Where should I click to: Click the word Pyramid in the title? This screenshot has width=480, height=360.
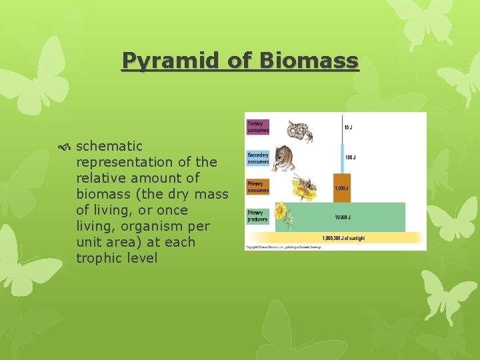click(163, 61)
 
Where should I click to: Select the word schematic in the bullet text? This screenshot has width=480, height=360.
click(109, 146)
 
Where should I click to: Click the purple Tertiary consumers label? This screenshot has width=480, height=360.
click(258, 127)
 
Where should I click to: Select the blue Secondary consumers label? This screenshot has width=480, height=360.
click(258, 158)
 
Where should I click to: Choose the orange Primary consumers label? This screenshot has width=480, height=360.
click(258, 187)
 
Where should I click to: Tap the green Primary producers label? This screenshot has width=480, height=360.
click(258, 216)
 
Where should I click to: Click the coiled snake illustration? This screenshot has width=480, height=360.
click(301, 131)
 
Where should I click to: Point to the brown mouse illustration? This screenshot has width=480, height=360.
click(286, 158)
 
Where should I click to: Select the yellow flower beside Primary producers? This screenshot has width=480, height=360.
click(282, 213)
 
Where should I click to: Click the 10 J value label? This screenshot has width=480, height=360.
click(349, 127)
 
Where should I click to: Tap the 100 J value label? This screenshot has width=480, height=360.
click(350, 158)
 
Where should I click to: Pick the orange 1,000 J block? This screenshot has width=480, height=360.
click(341, 188)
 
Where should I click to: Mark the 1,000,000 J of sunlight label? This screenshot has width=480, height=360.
click(344, 238)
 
